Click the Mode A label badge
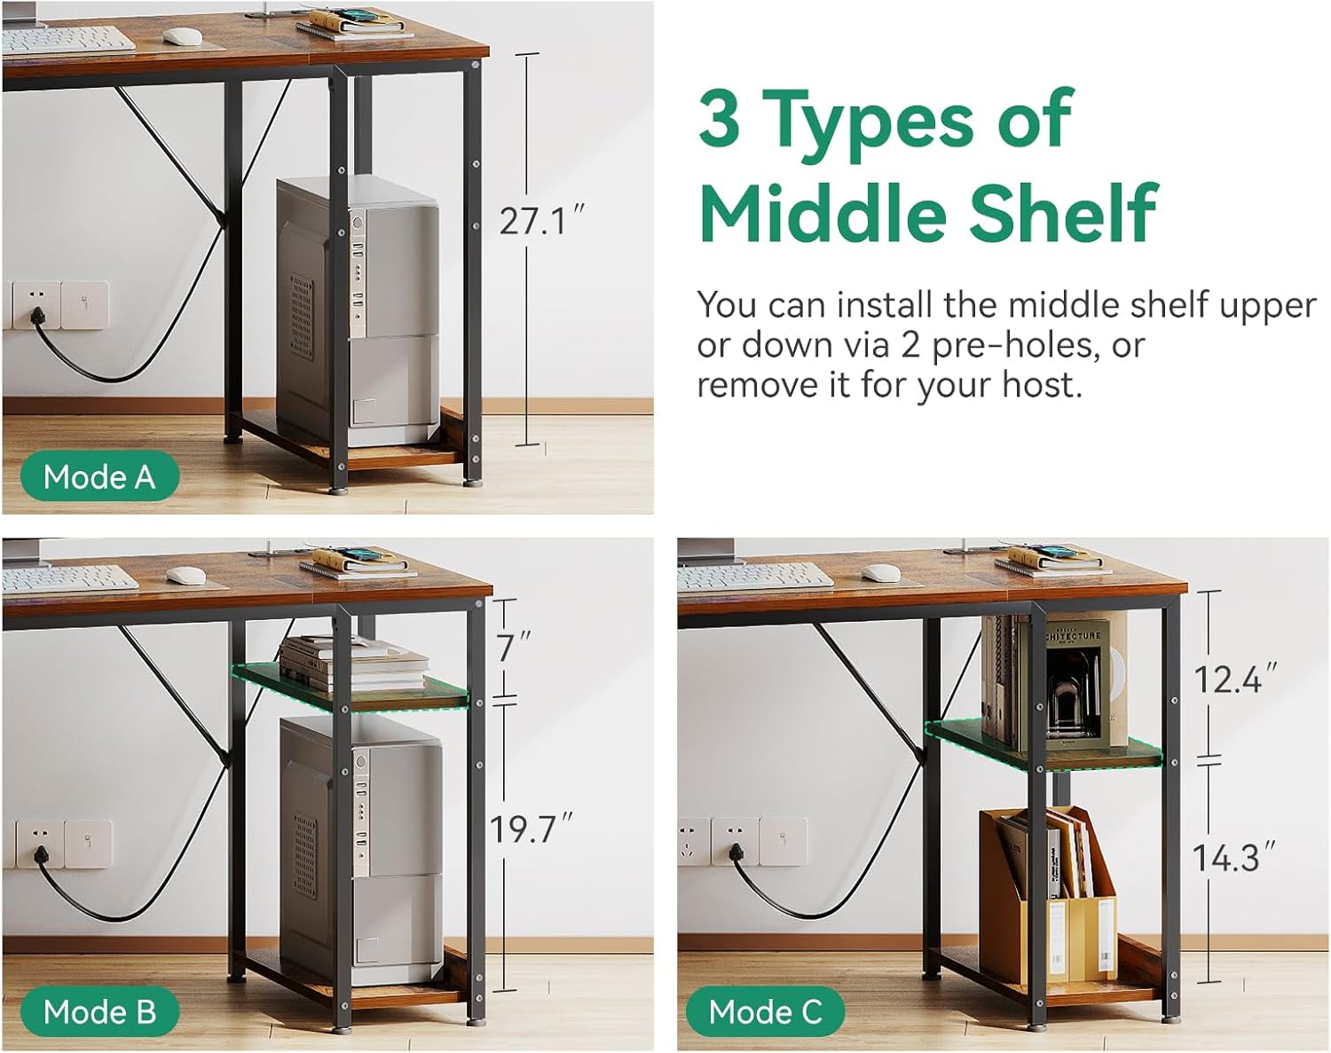click(x=99, y=476)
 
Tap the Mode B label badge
click(x=99, y=1012)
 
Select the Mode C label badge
click(x=765, y=1012)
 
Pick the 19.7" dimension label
click(x=532, y=829)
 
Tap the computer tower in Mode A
click(x=358, y=311)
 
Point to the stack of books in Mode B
click(x=355, y=664)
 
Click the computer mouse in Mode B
click(x=185, y=575)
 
